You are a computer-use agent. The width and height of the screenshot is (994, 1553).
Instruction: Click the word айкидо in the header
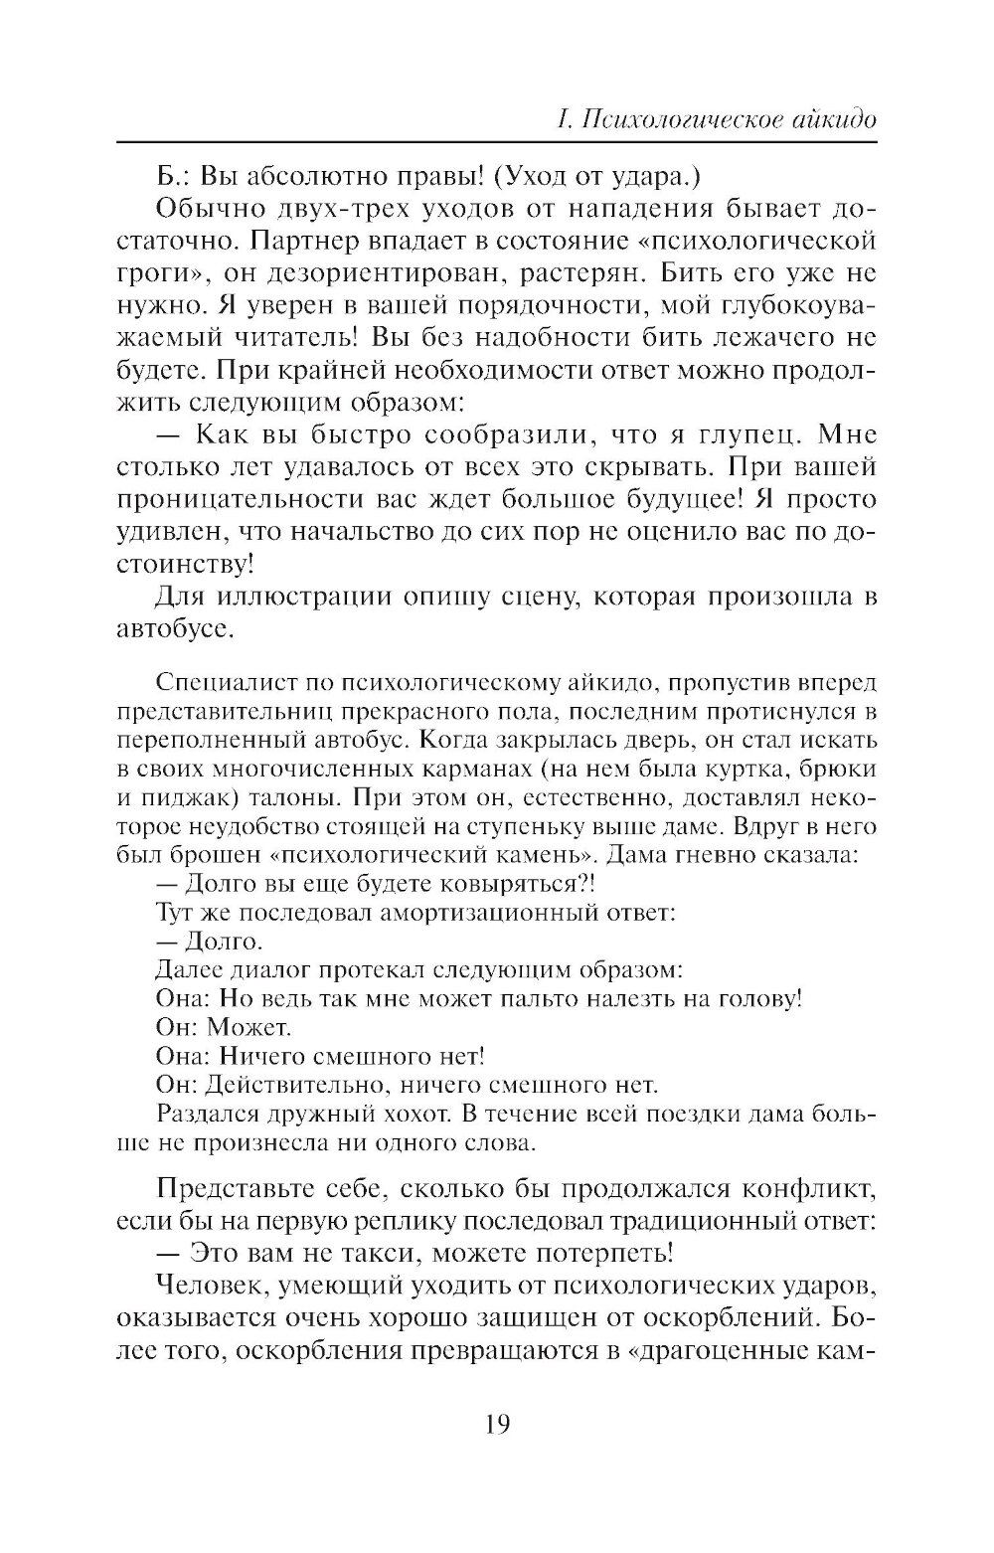tap(822, 121)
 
